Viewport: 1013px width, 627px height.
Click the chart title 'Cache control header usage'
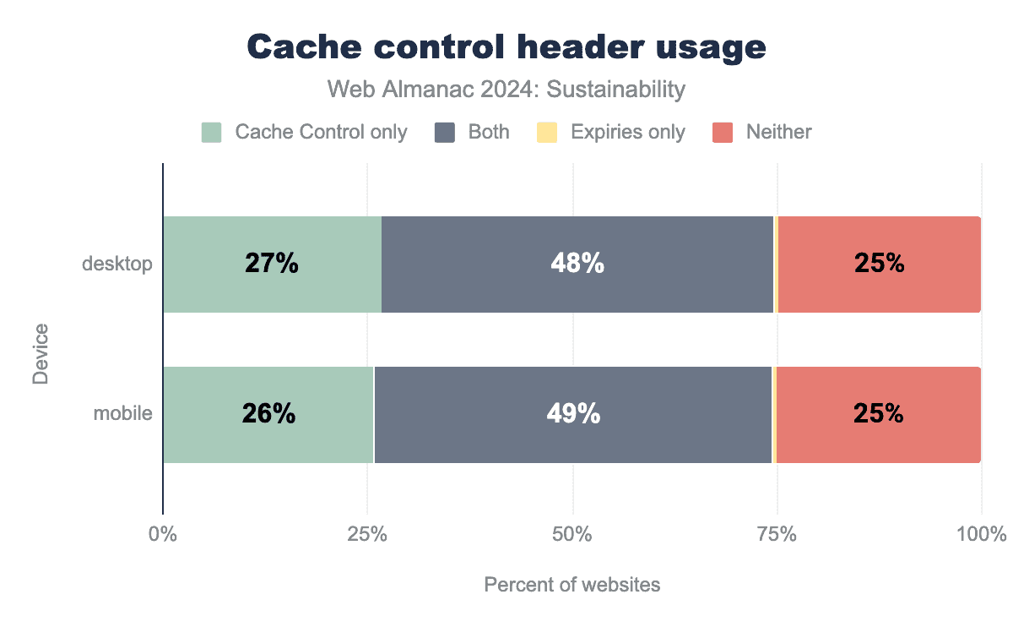point(506,47)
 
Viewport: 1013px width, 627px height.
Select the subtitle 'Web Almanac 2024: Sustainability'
point(506,89)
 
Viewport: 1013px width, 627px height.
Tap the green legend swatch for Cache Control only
point(211,133)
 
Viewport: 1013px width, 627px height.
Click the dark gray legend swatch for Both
point(445,133)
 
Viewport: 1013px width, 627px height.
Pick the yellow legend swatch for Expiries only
point(547,133)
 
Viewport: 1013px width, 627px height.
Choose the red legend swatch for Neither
point(723,133)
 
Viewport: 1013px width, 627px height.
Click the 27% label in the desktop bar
point(272,264)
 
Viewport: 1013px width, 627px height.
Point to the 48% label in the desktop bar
point(577,264)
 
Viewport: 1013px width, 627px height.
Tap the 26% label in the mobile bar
point(268,414)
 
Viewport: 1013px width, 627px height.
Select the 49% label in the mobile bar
point(573,414)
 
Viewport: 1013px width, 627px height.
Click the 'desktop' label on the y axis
point(117,264)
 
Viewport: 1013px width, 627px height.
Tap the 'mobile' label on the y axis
point(123,414)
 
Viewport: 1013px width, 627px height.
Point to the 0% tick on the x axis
point(162,535)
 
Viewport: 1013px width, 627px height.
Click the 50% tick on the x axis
point(572,535)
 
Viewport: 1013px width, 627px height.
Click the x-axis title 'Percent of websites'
point(572,585)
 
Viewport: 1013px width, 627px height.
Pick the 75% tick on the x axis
point(777,535)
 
